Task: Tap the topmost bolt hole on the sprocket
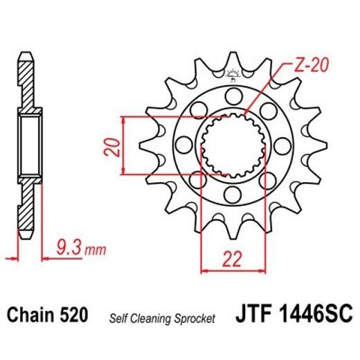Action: pos(232,93)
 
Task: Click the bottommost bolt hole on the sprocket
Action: pos(232,196)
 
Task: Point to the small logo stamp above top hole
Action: pos(232,75)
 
